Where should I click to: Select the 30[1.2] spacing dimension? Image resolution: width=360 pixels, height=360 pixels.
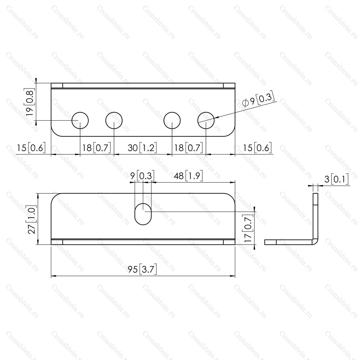point(142,148)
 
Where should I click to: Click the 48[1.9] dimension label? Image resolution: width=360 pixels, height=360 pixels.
point(188,176)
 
